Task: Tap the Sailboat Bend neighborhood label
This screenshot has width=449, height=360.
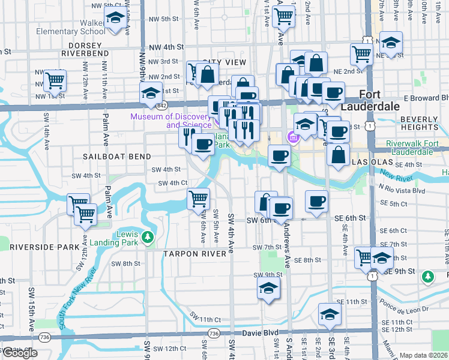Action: [x=113, y=156]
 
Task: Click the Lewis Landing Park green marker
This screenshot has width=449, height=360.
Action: [x=148, y=239]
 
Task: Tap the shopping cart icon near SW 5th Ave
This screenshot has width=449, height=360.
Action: [x=198, y=199]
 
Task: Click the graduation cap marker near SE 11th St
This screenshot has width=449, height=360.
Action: [x=329, y=314]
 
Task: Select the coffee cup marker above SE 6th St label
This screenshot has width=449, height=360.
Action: [x=316, y=202]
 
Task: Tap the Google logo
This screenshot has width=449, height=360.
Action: [x=20, y=353]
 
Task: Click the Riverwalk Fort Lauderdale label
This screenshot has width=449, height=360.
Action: [x=410, y=148]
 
